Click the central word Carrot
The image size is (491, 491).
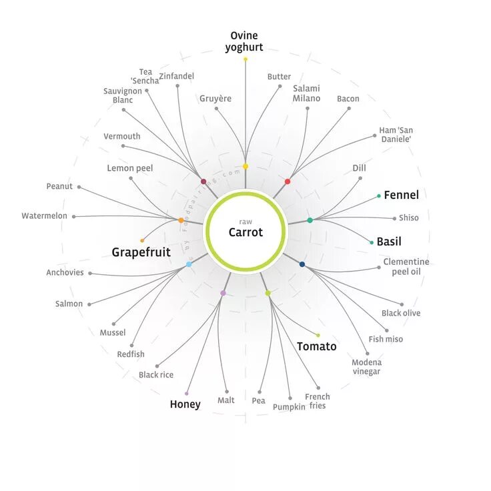click(x=246, y=232)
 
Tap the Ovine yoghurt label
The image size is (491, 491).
click(x=244, y=41)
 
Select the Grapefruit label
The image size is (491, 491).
click(x=141, y=252)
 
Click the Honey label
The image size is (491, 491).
click(x=185, y=404)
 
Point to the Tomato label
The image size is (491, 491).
click(x=316, y=346)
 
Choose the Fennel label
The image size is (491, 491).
click(x=401, y=195)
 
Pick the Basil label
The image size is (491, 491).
click(x=389, y=241)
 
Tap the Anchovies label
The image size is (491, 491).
click(x=65, y=272)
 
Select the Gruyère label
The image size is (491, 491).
click(x=215, y=99)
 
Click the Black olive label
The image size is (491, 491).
click(x=401, y=313)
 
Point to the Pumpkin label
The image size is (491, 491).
click(x=289, y=407)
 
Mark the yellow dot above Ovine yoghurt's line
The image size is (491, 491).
click(x=246, y=59)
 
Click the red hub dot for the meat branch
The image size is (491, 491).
click(x=288, y=181)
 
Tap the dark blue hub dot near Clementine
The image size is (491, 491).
click(x=302, y=265)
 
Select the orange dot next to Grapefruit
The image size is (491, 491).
click(x=142, y=240)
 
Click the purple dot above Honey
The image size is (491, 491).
click(x=187, y=393)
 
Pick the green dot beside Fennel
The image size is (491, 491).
click(x=379, y=196)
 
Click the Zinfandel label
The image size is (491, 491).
click(x=177, y=77)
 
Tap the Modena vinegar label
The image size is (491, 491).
click(x=367, y=367)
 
